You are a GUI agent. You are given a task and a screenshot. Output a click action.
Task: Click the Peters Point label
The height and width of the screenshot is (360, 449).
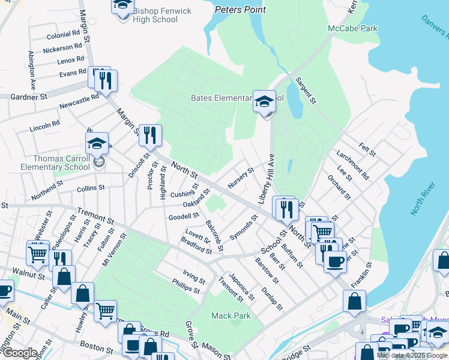pos(241,10)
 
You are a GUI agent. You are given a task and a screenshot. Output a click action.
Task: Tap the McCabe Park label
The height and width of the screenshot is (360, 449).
pos(352,28)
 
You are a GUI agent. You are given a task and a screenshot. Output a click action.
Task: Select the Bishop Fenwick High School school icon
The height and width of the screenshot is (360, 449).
pos(122,7)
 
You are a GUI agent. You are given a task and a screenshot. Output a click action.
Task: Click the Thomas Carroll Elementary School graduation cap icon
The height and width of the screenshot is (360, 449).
pos(97,144)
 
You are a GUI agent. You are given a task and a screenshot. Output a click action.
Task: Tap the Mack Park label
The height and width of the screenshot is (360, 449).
pos(227,315)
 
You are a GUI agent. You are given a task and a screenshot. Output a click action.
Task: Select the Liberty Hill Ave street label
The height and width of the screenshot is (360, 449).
pos(267,178)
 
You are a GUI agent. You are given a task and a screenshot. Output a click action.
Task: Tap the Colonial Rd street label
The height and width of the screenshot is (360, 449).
pos(63,35)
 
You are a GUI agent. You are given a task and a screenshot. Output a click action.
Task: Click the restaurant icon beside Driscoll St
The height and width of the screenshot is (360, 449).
pos(148,136)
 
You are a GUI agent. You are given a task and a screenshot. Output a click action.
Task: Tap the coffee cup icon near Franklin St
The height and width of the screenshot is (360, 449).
pos(335,261)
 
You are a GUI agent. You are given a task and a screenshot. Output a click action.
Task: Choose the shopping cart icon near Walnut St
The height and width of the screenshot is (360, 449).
pos(37,253)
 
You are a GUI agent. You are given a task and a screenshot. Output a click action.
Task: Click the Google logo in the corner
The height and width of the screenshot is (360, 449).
pos(19,353)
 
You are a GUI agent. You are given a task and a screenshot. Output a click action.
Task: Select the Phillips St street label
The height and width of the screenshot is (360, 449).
pos(185,286)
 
